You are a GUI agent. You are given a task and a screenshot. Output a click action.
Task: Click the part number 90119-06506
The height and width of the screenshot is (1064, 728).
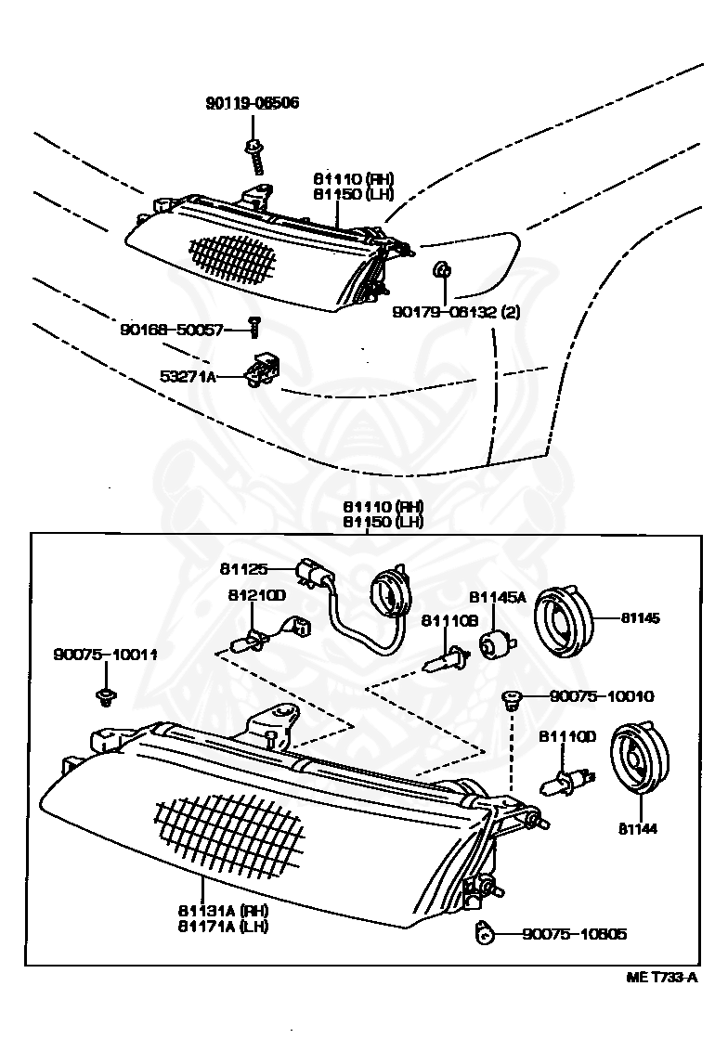point(253,103)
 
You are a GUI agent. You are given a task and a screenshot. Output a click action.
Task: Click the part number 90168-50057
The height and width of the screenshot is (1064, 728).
point(172,329)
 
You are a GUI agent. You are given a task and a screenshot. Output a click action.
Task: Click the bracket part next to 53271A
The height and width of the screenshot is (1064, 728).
point(264,370)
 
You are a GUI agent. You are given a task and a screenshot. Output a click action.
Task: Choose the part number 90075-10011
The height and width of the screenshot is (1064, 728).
point(105,655)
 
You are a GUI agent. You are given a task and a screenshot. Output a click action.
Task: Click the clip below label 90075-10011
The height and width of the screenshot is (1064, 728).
point(105,695)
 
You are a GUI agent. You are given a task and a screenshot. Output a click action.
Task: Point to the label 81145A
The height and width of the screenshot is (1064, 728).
point(497,598)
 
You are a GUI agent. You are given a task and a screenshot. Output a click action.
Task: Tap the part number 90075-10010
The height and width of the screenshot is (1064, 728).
point(601,695)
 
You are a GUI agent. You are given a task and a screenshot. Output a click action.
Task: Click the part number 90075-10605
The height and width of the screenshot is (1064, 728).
point(573,934)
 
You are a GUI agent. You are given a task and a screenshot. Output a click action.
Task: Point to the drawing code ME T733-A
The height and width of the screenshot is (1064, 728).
point(661,978)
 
